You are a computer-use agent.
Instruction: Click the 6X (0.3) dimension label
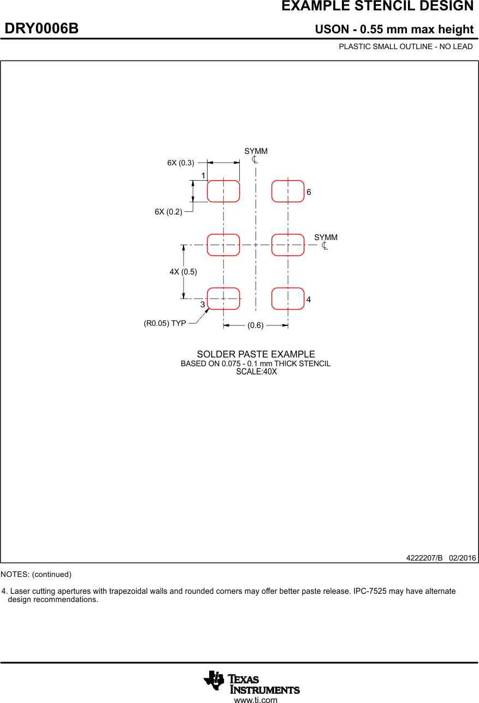click(x=181, y=163)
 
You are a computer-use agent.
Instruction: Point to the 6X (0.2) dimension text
click(x=168, y=212)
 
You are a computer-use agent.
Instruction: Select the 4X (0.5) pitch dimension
click(x=183, y=272)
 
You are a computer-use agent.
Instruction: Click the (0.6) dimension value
click(x=256, y=325)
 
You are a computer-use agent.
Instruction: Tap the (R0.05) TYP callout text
click(x=165, y=323)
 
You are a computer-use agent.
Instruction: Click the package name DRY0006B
click(x=42, y=28)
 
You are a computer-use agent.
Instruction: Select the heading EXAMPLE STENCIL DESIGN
click(x=377, y=6)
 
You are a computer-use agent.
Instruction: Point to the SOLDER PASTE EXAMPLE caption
click(x=256, y=354)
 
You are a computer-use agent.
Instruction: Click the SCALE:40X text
click(x=256, y=372)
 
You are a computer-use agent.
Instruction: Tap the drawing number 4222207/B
click(x=424, y=558)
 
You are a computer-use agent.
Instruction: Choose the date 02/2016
click(x=463, y=558)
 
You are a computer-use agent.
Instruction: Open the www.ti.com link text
click(x=256, y=700)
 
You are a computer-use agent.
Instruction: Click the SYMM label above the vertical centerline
click(x=256, y=151)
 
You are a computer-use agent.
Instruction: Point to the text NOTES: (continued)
click(x=36, y=574)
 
